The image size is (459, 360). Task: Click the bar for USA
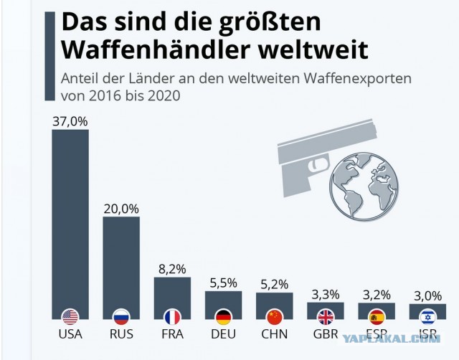(70, 224)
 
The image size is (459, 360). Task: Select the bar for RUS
(121, 267)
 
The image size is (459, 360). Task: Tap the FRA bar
(172, 298)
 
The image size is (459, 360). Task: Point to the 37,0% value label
(70, 121)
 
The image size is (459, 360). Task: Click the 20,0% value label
(121, 209)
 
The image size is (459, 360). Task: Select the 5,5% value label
(223, 283)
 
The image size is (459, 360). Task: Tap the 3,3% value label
(326, 295)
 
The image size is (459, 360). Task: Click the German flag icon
(224, 318)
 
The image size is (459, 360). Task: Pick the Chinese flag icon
(275, 318)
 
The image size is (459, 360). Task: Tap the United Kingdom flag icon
(326, 318)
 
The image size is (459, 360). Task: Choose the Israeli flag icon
(427, 318)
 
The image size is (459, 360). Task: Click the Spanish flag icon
(377, 318)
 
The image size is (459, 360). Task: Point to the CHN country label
(274, 334)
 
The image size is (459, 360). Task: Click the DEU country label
(223, 334)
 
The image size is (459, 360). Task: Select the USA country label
(70, 334)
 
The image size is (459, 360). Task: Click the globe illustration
(364, 186)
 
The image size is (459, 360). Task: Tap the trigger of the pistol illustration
(318, 164)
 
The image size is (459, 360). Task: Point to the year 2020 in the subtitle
(164, 95)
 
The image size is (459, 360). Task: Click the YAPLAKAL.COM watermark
(392, 339)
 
